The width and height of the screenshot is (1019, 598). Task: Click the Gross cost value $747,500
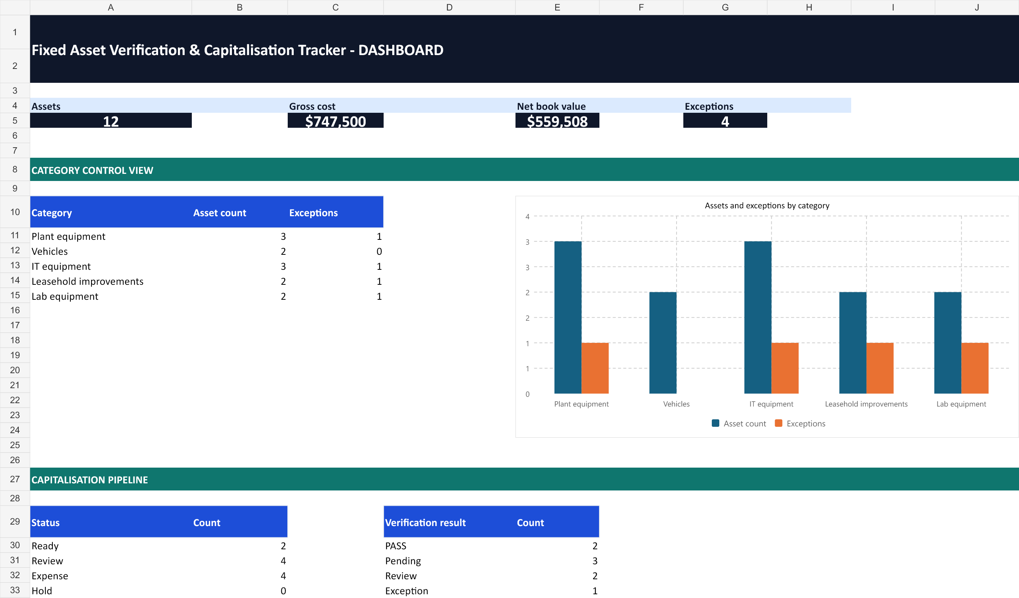point(335,121)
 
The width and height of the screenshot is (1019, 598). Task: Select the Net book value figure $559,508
point(557,121)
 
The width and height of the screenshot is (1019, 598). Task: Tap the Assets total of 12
point(111,121)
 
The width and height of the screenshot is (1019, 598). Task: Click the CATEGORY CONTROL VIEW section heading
point(92,170)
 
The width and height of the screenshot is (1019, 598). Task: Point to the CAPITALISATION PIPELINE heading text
point(90,480)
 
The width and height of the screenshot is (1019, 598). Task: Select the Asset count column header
point(220,213)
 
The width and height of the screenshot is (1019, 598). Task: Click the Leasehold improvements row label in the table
point(87,281)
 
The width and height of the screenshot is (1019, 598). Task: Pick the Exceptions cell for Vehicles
point(379,251)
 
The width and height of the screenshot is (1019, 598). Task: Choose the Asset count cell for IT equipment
point(283,266)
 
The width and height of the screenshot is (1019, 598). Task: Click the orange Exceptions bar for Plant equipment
point(595,368)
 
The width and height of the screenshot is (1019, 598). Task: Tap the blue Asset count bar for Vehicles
point(663,342)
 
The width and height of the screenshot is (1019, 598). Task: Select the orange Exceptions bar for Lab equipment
point(974,368)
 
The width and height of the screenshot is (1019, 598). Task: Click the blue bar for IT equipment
point(758,317)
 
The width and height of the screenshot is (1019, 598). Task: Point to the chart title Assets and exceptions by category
point(767,205)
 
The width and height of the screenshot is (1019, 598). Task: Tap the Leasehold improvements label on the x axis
point(866,404)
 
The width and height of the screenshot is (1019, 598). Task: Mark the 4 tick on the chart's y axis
point(527,216)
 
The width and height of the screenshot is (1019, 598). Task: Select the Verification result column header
point(425,522)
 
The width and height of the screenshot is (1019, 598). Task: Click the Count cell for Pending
point(595,561)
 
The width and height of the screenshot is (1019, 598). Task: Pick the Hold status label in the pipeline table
point(42,591)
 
